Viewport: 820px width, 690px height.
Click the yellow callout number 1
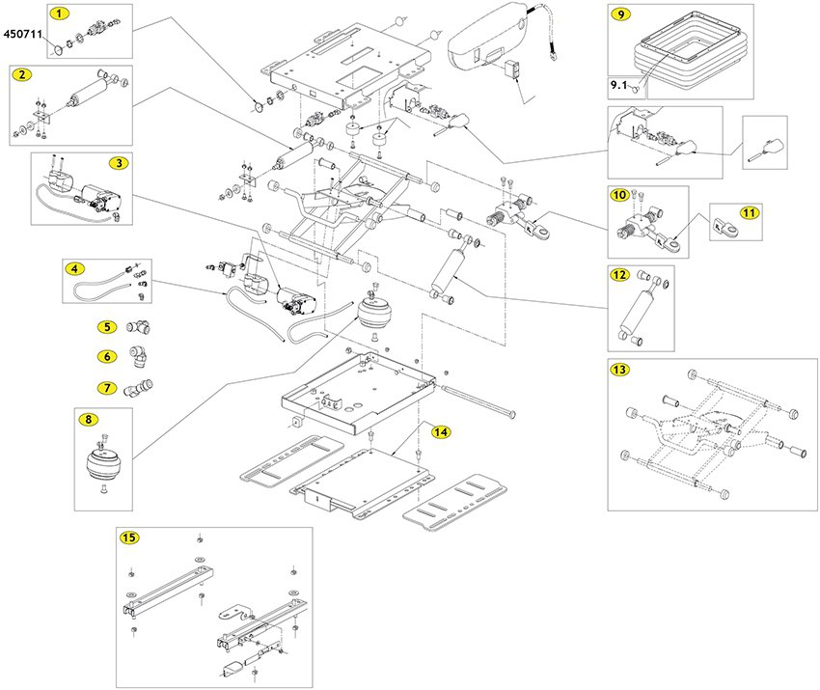pyautogui.click(x=61, y=14)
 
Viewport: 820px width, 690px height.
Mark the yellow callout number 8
pyautogui.click(x=89, y=420)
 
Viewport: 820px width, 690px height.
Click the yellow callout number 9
pyautogui.click(x=621, y=14)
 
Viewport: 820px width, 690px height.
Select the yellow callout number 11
pyautogui.click(x=750, y=211)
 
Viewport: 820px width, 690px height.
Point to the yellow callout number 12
pyautogui.click(x=621, y=275)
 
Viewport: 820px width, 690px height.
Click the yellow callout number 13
pyautogui.click(x=621, y=370)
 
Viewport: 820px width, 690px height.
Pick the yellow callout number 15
pyautogui.click(x=129, y=537)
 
